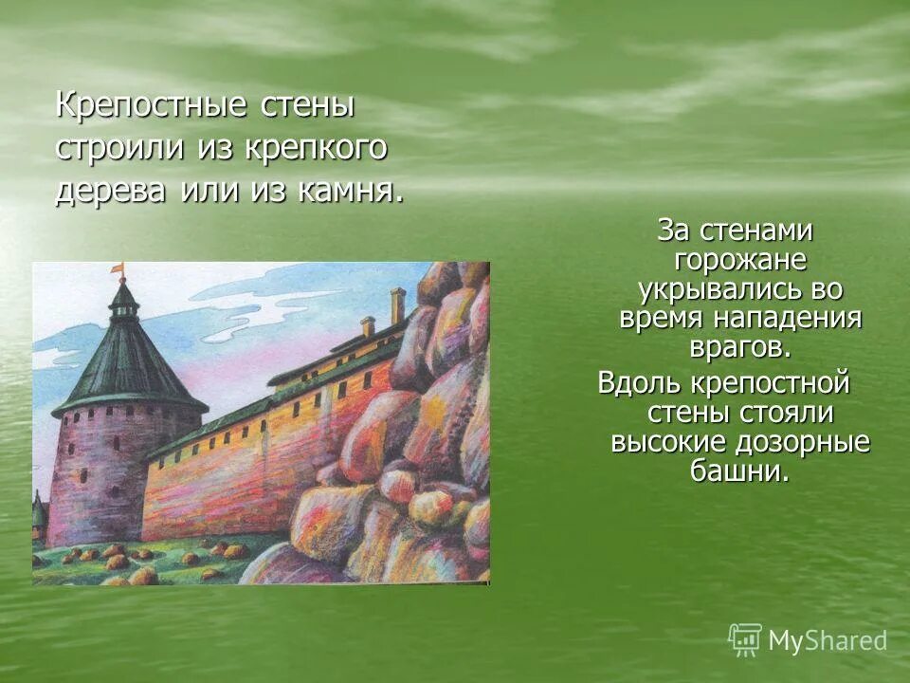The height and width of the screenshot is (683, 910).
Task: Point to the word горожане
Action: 739,260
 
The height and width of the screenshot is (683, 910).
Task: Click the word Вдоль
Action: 635,384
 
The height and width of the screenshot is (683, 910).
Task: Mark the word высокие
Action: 664,442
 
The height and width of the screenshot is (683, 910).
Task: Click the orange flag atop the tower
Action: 118,270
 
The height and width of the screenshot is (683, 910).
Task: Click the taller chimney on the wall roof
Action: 398,305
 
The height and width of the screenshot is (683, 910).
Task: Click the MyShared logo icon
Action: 745,639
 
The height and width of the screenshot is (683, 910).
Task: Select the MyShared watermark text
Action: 828,641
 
